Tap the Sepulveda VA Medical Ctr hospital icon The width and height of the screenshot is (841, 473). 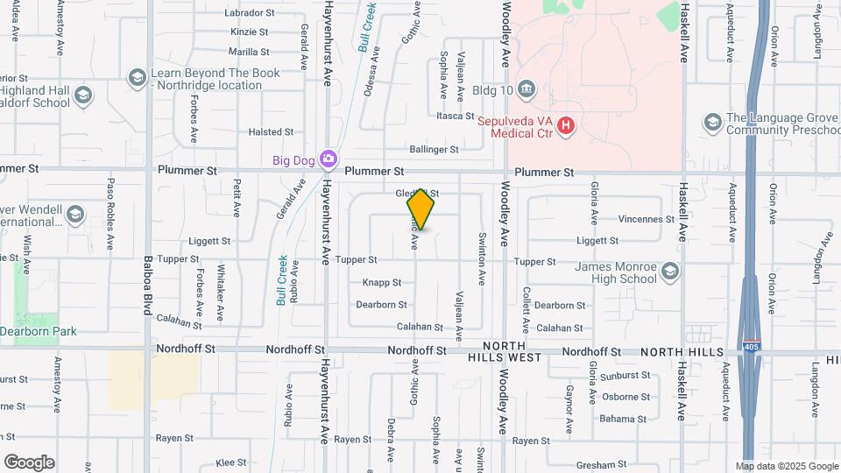point(566,126)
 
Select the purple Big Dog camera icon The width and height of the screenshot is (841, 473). point(328,159)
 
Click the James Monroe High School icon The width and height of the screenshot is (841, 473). point(671,272)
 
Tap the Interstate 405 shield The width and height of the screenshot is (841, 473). point(750,348)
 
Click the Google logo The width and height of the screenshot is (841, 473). point(29,462)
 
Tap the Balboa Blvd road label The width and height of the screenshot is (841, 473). point(148,293)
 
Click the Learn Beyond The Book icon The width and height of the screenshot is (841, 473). point(137,79)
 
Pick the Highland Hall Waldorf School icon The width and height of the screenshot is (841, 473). point(83,95)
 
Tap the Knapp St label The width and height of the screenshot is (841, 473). point(381,283)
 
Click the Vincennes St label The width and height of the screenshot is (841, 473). point(647,219)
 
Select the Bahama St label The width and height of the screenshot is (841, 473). point(623,419)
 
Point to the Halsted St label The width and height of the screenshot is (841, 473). point(271,132)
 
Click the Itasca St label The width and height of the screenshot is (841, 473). point(455,116)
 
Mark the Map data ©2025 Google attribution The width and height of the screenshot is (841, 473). point(786,466)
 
